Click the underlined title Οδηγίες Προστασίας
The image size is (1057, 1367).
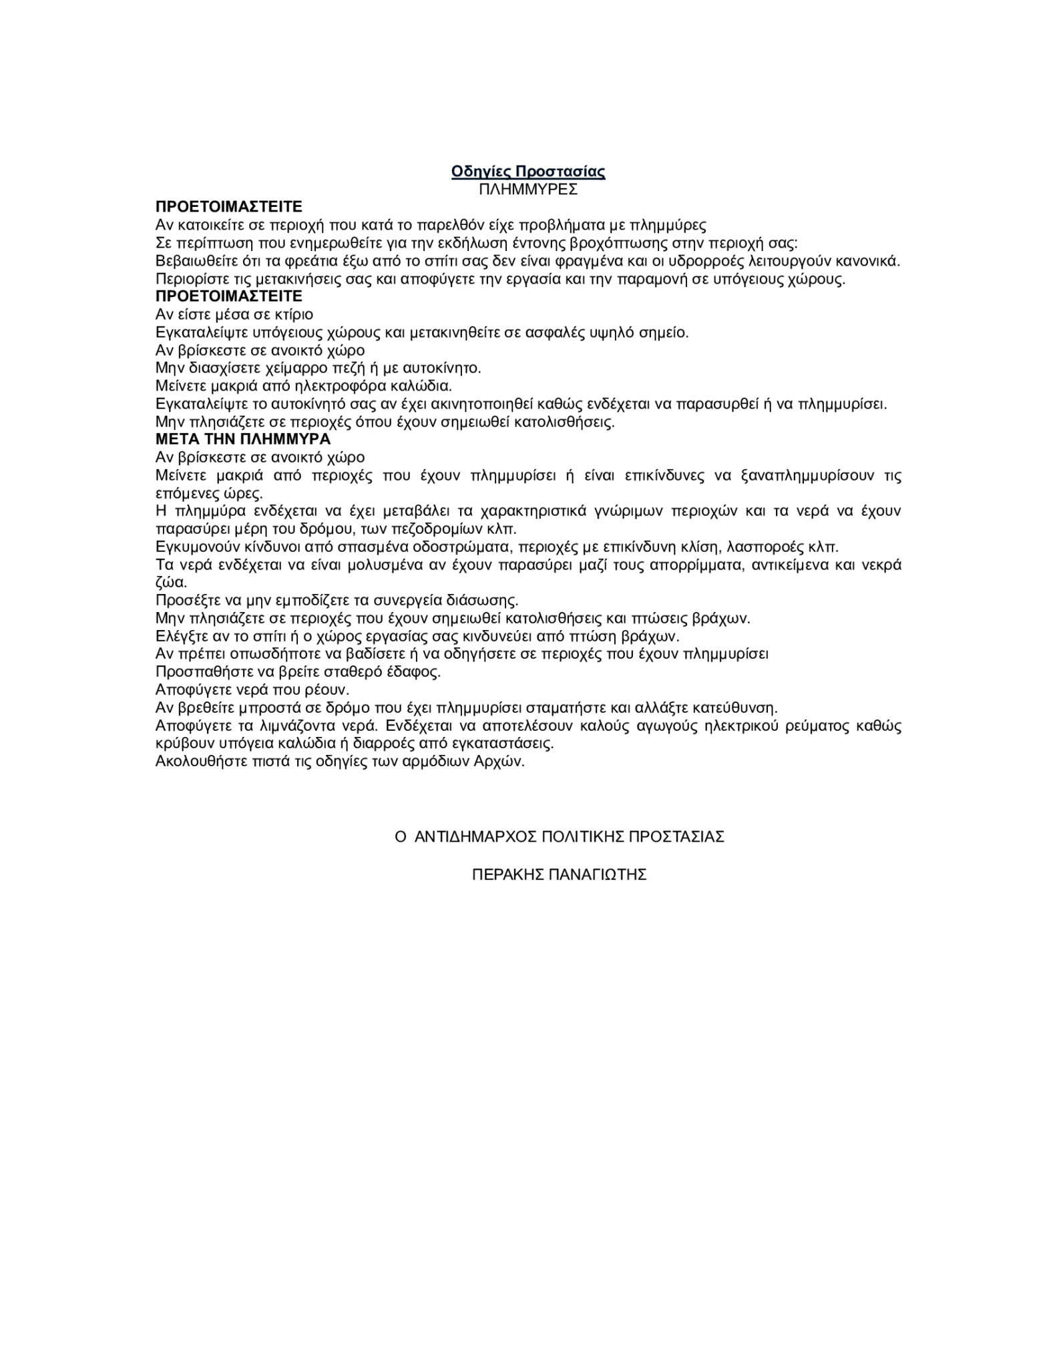(x=527, y=172)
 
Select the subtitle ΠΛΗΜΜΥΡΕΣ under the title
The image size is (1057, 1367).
(x=527, y=190)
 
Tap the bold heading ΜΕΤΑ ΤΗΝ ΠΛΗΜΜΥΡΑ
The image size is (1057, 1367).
(x=243, y=439)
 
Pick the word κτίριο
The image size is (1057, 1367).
(x=292, y=314)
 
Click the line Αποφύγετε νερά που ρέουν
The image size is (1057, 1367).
(x=252, y=690)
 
